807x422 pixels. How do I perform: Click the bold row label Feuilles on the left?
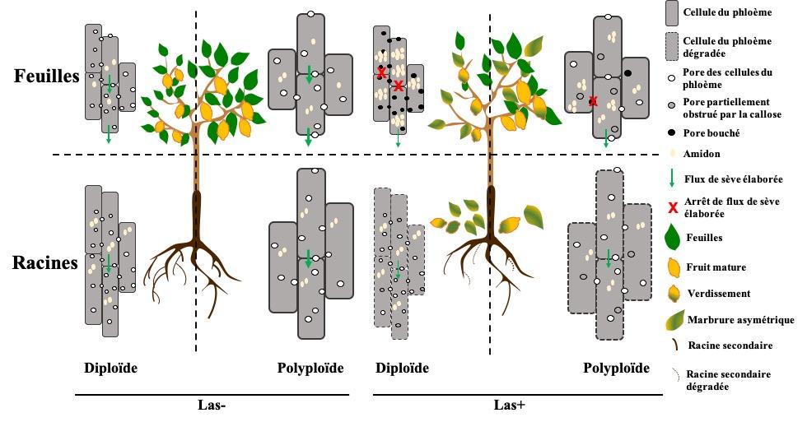coord(45,76)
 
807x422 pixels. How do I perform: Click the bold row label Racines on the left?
coord(44,263)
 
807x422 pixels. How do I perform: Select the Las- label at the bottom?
coord(212,405)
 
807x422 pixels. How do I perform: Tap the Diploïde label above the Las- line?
coord(110,369)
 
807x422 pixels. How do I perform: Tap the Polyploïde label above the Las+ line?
coord(617,369)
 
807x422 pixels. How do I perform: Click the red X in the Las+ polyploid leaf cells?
coord(593,101)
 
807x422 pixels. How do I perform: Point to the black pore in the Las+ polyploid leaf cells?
coord(628,74)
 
